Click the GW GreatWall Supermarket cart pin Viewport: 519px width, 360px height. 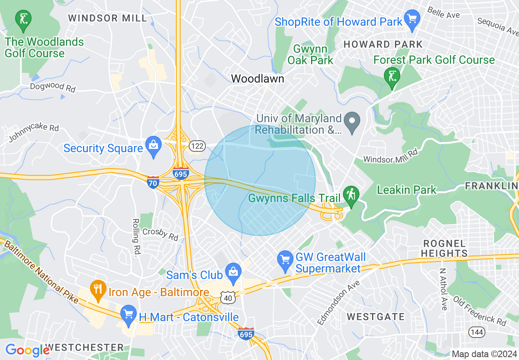(x=285, y=261)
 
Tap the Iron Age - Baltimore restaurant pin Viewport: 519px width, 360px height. (x=97, y=290)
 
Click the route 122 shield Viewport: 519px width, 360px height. (x=197, y=146)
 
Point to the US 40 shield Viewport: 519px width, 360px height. (x=228, y=298)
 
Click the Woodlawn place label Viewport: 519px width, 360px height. (x=257, y=79)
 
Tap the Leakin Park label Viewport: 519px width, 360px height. (x=406, y=190)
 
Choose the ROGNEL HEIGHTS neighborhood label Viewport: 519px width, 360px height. (x=444, y=249)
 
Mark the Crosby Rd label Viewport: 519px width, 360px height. (x=160, y=234)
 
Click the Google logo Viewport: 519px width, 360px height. (x=27, y=350)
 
